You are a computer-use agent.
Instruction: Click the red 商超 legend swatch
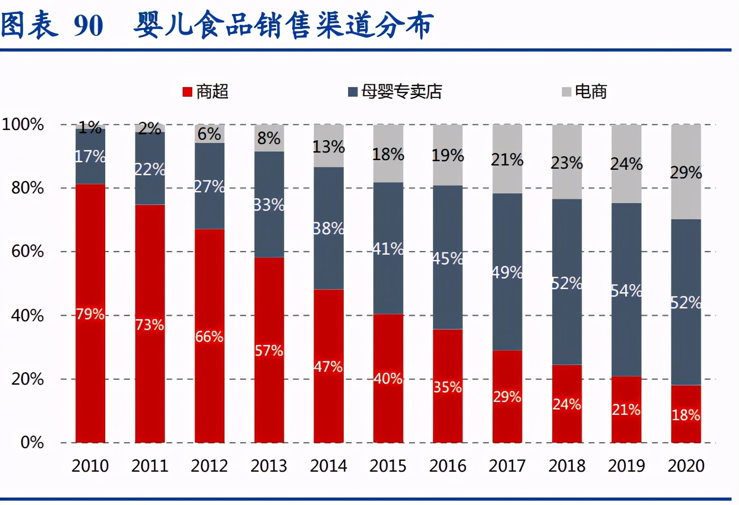pyautogui.click(x=187, y=92)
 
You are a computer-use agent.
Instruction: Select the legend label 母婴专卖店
pyautogui.click(x=401, y=92)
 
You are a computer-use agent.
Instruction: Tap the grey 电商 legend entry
pyautogui.click(x=590, y=92)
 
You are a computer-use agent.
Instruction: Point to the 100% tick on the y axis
pyautogui.click(x=23, y=125)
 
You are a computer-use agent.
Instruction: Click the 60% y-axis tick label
pyautogui.click(x=27, y=251)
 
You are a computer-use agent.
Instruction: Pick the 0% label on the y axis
pyautogui.click(x=32, y=443)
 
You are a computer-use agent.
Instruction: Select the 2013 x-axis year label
pyautogui.click(x=269, y=466)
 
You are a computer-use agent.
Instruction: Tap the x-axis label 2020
pyautogui.click(x=686, y=466)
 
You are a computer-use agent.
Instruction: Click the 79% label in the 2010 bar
pyautogui.click(x=90, y=314)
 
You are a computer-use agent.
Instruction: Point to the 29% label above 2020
pyautogui.click(x=686, y=173)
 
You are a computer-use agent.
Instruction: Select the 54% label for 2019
pyautogui.click(x=626, y=291)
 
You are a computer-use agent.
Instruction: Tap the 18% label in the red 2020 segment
pyautogui.click(x=686, y=415)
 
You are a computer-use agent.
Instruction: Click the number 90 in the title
pyautogui.click(x=88, y=25)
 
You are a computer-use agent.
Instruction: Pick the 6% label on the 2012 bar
pyautogui.click(x=209, y=134)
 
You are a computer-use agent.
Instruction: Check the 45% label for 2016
pyautogui.click(x=447, y=259)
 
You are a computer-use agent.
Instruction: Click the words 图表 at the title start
pyautogui.click(x=29, y=25)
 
